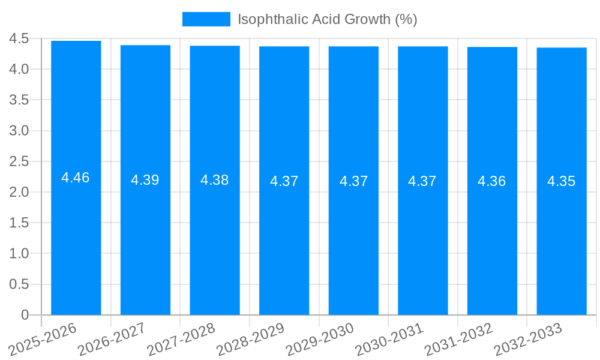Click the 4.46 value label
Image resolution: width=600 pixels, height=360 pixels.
point(76,178)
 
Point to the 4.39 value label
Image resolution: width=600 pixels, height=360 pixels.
point(145,180)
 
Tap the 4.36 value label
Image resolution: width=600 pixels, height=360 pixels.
point(492,181)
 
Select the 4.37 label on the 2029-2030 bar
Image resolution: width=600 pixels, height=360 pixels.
point(353,181)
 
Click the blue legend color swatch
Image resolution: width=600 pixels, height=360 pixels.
point(206,19)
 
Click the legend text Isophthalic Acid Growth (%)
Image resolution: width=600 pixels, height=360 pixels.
point(327,19)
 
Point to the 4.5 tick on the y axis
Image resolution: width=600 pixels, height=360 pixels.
point(19,39)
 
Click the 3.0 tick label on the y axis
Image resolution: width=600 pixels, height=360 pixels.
point(19,131)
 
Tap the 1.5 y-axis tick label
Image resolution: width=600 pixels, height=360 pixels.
point(19,223)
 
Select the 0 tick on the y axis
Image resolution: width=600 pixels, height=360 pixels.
point(25,315)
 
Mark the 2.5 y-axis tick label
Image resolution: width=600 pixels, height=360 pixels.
point(19,161)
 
